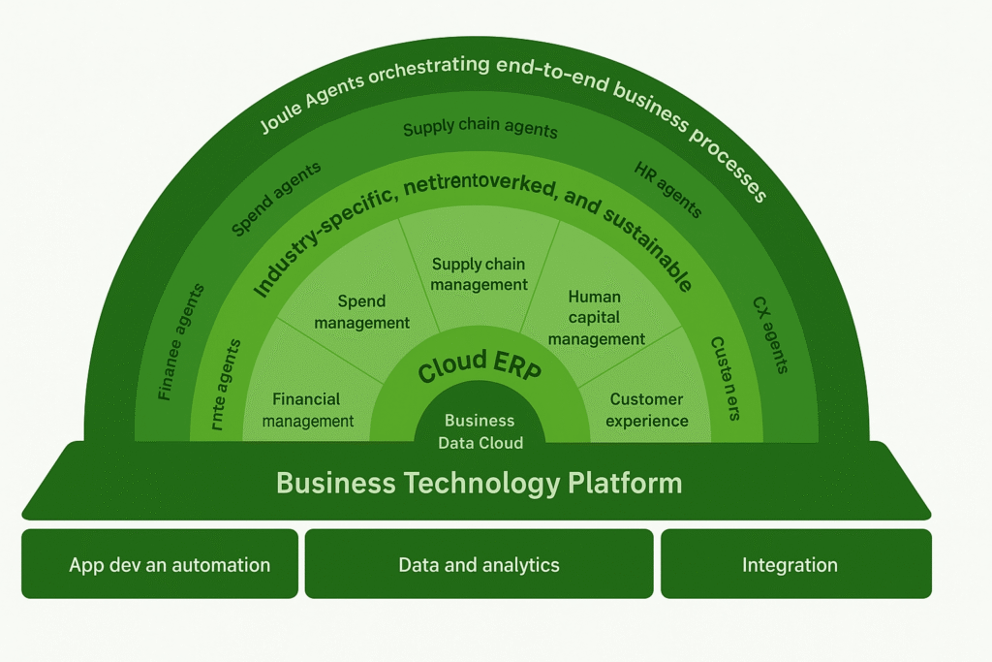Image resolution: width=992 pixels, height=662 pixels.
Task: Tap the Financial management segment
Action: coord(307,410)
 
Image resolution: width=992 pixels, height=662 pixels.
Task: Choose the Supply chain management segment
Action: coord(479,274)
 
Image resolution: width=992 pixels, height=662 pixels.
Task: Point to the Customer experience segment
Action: coord(647,410)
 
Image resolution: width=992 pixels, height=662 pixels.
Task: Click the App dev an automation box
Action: coord(160,564)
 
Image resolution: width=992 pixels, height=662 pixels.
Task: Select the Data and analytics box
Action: coord(479,564)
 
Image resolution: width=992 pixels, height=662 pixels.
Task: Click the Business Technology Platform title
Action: coord(479,483)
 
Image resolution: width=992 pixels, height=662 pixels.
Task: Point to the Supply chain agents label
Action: coord(480,129)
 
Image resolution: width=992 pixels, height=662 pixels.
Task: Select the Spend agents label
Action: coord(276,199)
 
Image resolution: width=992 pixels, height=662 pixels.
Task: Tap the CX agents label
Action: coord(771,334)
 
